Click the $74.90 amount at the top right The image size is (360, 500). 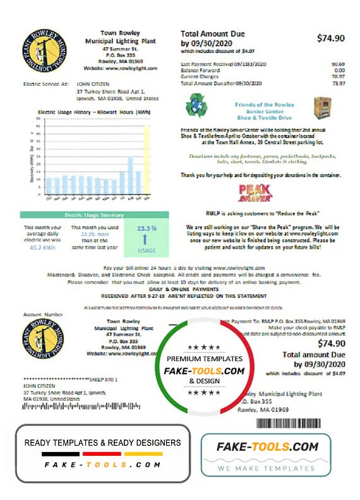pyautogui.click(x=331, y=38)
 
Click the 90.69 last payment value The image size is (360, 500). pyautogui.click(x=338, y=64)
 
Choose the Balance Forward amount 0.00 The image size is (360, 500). pyautogui.click(x=339, y=71)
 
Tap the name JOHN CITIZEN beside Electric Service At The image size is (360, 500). pyautogui.click(x=93, y=83)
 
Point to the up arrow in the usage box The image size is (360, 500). pyautogui.click(x=147, y=239)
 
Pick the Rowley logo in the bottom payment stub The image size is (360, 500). pyautogui.click(x=42, y=341)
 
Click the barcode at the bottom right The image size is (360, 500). pyautogui.click(x=296, y=424)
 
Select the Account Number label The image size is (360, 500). pyautogui.click(x=42, y=314)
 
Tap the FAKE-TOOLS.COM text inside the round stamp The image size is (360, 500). pyautogui.click(x=204, y=371)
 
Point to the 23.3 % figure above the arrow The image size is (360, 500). pyautogui.click(x=146, y=228)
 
